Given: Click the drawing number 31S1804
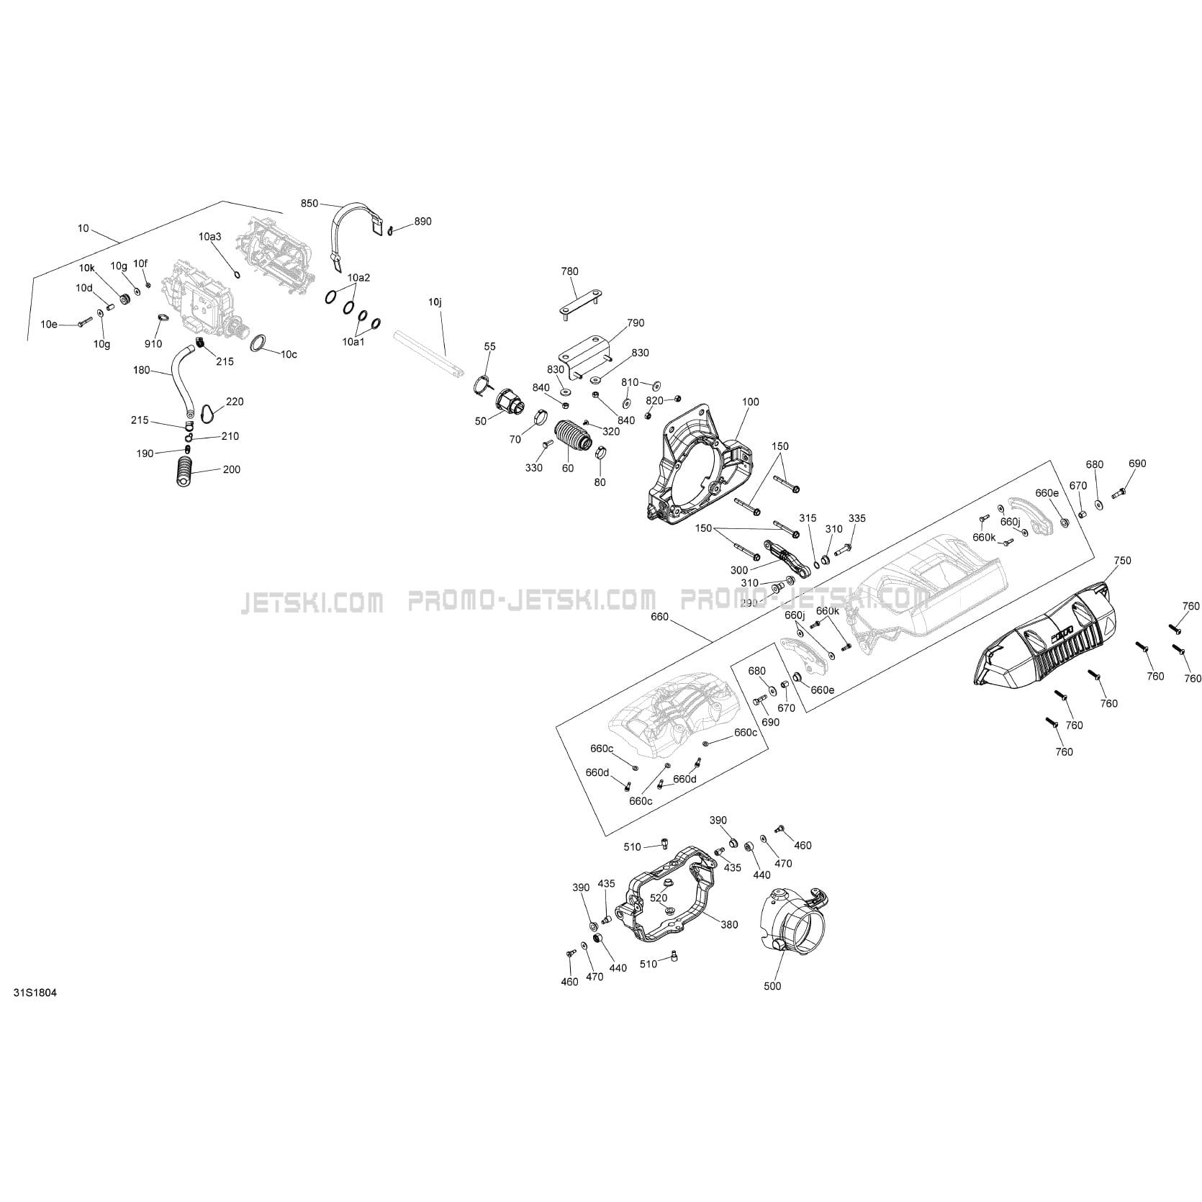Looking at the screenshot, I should (x=35, y=993).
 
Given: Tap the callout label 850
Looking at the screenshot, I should (x=309, y=204).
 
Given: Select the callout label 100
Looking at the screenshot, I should (x=749, y=402).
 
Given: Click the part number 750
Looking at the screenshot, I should (x=1122, y=560).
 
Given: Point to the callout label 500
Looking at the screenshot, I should (x=772, y=986).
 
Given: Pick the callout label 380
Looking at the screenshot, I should (x=729, y=925).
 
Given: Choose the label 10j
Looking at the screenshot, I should (x=435, y=303).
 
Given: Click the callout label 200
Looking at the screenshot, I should (x=231, y=469).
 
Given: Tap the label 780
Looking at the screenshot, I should (x=569, y=271).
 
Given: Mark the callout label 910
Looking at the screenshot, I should (x=153, y=344).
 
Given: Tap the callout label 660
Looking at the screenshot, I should (x=659, y=617).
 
